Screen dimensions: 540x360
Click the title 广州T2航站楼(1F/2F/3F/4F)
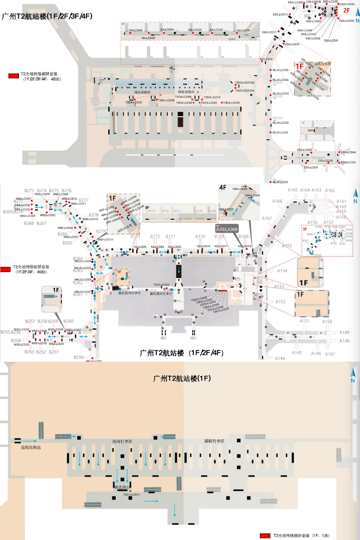pos(47,16)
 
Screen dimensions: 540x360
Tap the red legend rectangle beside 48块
pos(14,76)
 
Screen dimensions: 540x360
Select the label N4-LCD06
pos(135,30)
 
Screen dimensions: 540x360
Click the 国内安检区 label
pos(142,92)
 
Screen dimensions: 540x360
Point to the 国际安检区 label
pos(186,92)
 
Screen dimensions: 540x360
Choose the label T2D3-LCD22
pos(231,103)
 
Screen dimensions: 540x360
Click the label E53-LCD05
pos(304,150)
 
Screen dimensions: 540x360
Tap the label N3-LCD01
pos(266,59)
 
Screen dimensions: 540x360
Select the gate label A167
pos(267,218)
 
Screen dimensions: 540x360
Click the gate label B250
pos(79,357)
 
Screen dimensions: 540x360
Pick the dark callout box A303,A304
pos(227,229)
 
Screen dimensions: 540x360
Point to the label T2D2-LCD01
pos(161,285)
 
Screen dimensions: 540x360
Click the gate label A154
pos(282,271)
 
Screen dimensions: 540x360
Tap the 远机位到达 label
pos(31,448)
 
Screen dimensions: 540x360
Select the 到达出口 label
pos(122,487)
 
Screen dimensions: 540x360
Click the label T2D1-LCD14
pos(131,495)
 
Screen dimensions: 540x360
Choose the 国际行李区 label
pos(214,441)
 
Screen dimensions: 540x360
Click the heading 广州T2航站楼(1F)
pos(182,378)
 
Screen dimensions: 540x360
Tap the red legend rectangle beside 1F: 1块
pos(265,536)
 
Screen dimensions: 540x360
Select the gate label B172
pos(155,236)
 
